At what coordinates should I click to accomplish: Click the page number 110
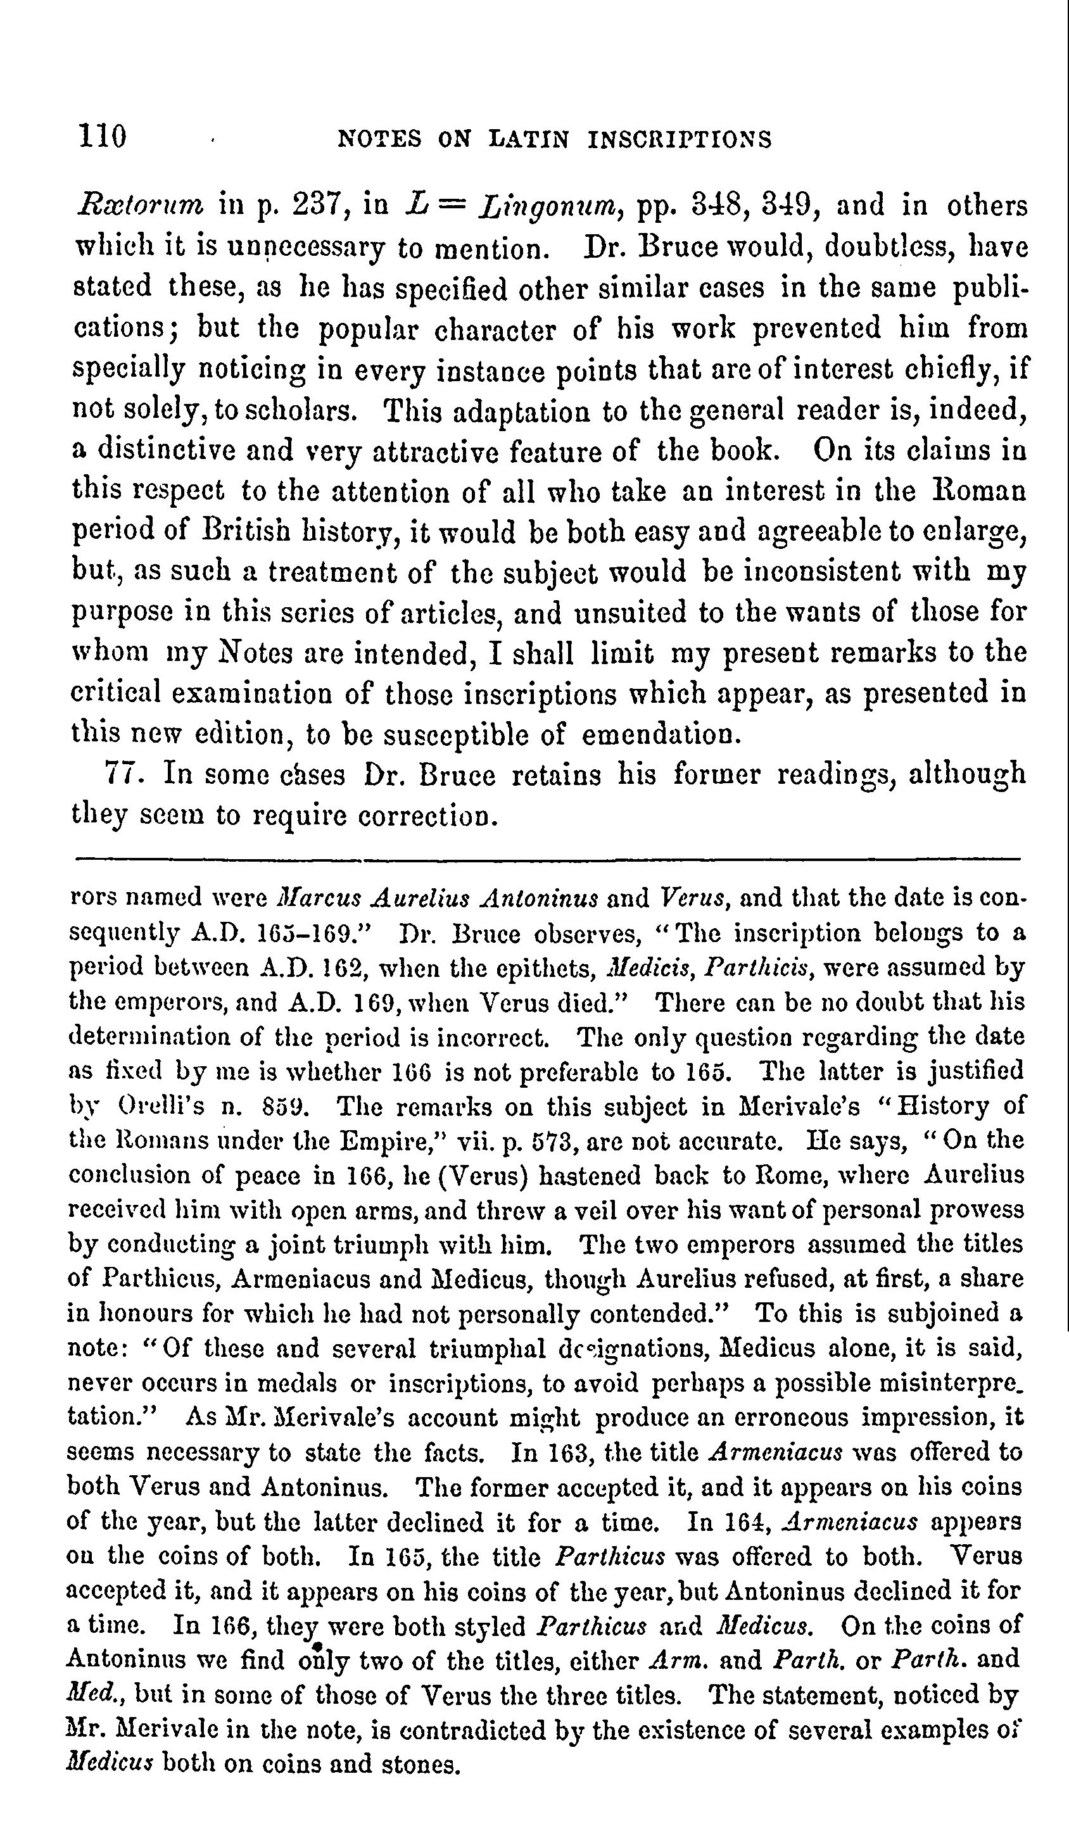coord(103,137)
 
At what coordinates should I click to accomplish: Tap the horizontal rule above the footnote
coord(547,860)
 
